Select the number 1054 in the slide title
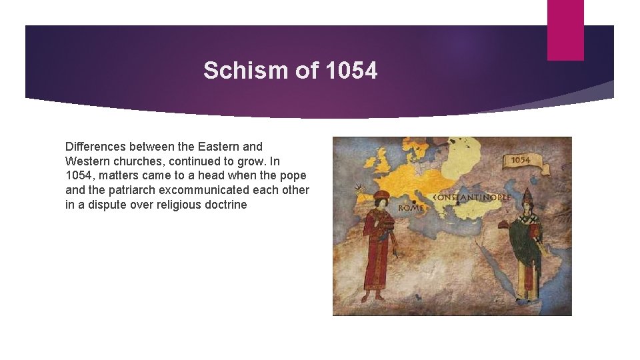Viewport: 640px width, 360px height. (352, 70)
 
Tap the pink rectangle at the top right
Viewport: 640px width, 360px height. (565, 30)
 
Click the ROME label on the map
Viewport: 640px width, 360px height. (411, 207)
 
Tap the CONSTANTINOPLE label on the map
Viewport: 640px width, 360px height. (471, 197)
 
